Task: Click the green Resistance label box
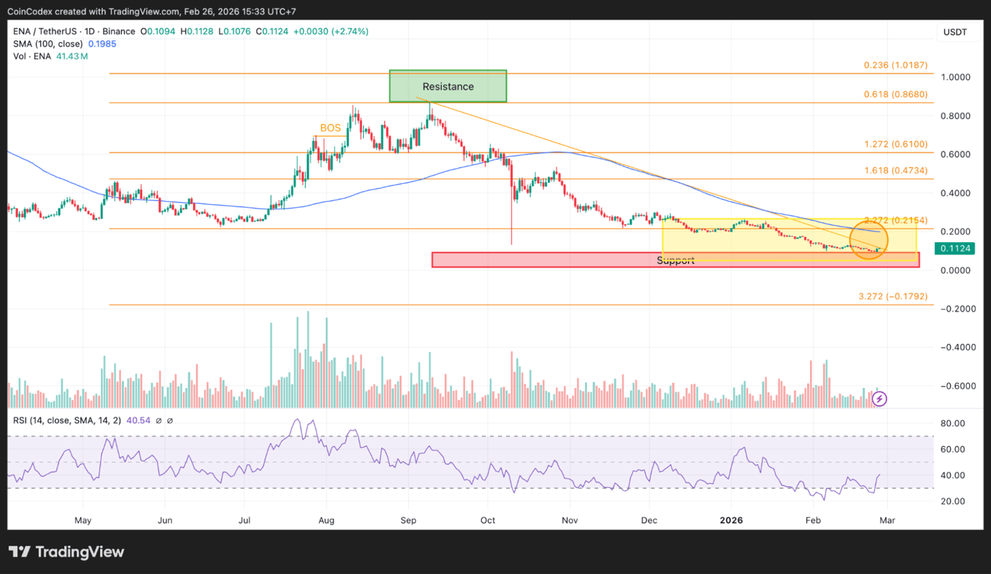click(x=448, y=87)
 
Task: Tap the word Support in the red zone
click(x=676, y=260)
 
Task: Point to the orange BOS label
click(x=330, y=128)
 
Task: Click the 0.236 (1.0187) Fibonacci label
click(x=895, y=65)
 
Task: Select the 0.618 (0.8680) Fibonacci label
click(x=895, y=94)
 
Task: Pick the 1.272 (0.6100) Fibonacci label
click(x=895, y=144)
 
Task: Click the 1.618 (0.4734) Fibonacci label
click(x=895, y=170)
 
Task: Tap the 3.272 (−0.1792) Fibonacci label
click(x=892, y=297)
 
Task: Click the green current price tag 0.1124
click(x=956, y=249)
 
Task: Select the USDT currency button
click(x=955, y=32)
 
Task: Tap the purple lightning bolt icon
click(x=880, y=398)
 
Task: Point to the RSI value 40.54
click(x=138, y=420)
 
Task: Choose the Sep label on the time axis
click(x=407, y=520)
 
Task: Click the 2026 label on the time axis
click(x=730, y=520)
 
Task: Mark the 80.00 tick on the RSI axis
click(x=951, y=423)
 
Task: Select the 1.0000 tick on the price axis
click(x=954, y=77)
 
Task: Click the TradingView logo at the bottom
click(x=67, y=552)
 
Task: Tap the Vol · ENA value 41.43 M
click(x=71, y=56)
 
